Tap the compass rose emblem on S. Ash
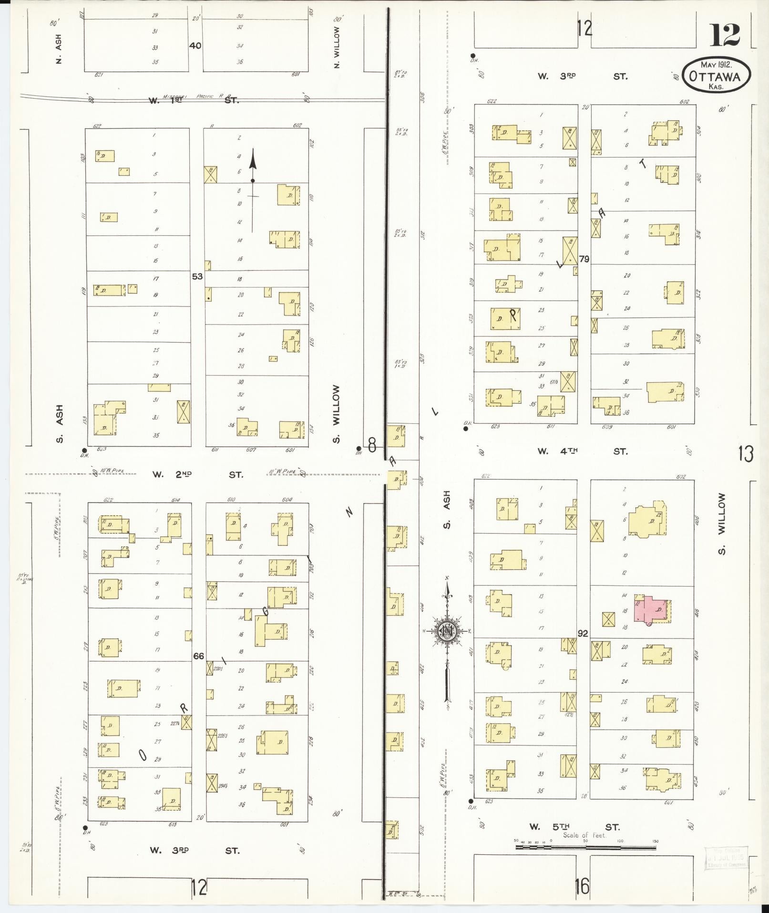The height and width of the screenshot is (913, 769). coord(447,631)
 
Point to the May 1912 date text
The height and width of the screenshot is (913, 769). coord(716,64)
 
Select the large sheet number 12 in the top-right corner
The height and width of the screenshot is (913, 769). coord(725,34)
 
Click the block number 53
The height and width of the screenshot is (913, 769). coord(197,276)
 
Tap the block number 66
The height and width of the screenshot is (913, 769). coord(198,656)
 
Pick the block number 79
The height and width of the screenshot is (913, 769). coord(584,259)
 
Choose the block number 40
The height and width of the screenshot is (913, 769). coord(195,46)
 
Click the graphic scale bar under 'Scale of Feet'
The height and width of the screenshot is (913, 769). coord(585,848)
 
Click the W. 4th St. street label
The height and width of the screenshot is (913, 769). coord(582,451)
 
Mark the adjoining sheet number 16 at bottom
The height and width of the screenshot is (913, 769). coord(582,886)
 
